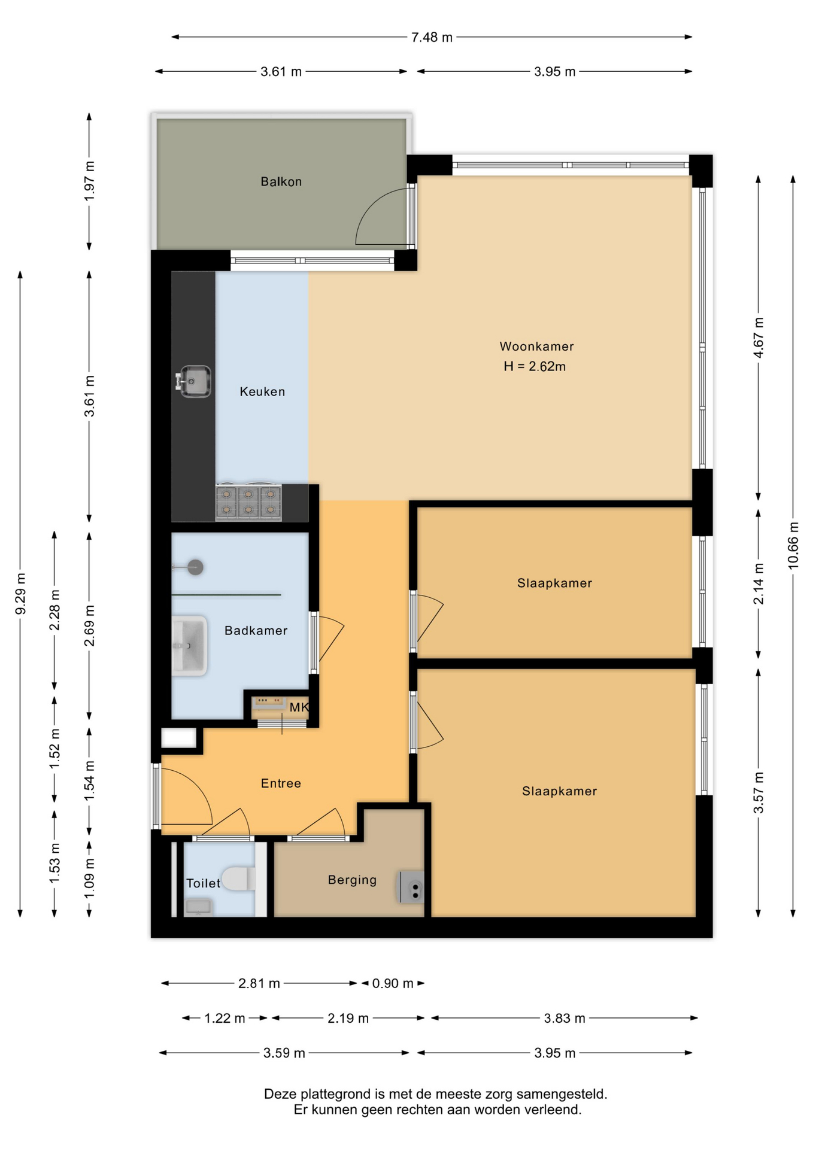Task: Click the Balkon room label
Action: coord(281,181)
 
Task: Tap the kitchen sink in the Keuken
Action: coord(193,381)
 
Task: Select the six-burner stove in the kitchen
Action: coord(248,501)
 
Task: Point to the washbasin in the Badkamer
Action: coord(189,646)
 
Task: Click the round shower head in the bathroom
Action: coord(195,567)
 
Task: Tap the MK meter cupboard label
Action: coord(299,707)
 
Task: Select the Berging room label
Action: coord(352,880)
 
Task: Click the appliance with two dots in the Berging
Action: coord(411,887)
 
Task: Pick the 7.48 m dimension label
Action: coord(432,37)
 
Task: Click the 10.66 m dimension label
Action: coord(793,545)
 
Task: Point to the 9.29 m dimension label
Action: coord(20,594)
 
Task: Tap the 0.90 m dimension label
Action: coord(393,983)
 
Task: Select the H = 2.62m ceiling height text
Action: coord(535,366)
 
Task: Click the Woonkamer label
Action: coord(536,346)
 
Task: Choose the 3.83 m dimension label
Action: coord(565,1018)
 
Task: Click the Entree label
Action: coord(281,783)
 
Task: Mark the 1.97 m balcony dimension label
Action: coord(89,181)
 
